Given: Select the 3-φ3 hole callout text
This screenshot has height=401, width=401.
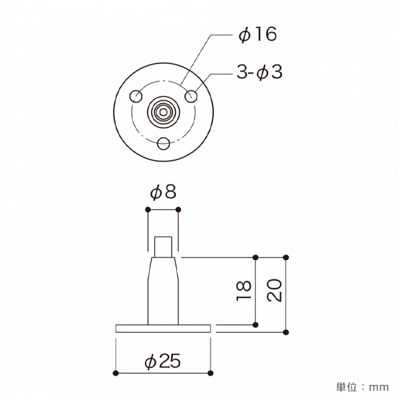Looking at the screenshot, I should [x=259, y=72].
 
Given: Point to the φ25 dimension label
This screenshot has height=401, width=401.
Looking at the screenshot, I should [x=163, y=362].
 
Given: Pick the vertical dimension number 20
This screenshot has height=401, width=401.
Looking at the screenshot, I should [x=274, y=290].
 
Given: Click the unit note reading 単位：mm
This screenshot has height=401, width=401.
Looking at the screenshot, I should [x=362, y=387].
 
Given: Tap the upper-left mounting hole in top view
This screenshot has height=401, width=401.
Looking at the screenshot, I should [x=136, y=96].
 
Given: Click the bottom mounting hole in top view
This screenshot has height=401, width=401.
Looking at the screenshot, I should [x=164, y=142].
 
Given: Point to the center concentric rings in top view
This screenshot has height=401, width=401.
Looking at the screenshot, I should [x=164, y=111].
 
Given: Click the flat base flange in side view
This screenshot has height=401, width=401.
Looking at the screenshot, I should [x=164, y=328].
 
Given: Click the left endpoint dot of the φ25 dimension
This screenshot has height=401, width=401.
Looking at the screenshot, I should [x=116, y=372].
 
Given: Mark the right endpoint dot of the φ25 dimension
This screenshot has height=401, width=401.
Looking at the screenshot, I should [x=211, y=372].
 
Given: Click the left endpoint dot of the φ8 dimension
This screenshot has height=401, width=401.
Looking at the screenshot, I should [x=148, y=210].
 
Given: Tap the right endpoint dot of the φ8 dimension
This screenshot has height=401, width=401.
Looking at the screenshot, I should [x=178, y=210].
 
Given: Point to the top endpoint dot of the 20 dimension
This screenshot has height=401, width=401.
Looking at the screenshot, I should [x=286, y=257].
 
